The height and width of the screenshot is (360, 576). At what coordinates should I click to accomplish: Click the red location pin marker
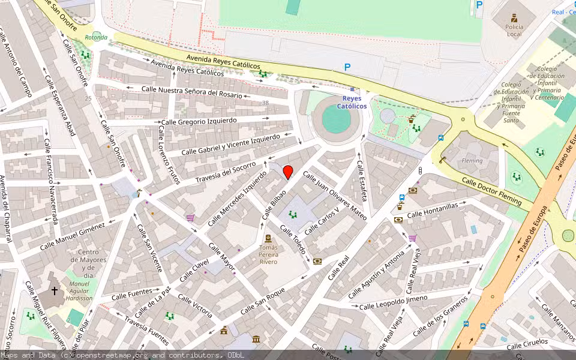288,172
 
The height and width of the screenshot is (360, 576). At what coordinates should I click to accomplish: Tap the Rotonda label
96,37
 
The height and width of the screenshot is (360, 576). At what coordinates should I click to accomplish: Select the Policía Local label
514,30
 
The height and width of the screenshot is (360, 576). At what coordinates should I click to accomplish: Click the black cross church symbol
55,291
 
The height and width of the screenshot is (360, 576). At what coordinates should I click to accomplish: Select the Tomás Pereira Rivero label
268,254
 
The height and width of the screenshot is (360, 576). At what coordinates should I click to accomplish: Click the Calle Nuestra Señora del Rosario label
192,92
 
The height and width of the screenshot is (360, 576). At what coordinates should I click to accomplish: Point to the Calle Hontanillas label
432,210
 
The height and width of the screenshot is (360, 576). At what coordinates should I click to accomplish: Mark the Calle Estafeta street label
361,180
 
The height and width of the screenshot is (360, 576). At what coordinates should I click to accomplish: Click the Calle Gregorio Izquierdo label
199,121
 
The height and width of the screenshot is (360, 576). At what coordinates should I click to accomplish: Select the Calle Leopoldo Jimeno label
393,303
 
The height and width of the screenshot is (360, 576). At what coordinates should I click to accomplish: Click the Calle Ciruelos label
527,344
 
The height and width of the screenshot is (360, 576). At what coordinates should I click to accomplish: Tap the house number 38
265,103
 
